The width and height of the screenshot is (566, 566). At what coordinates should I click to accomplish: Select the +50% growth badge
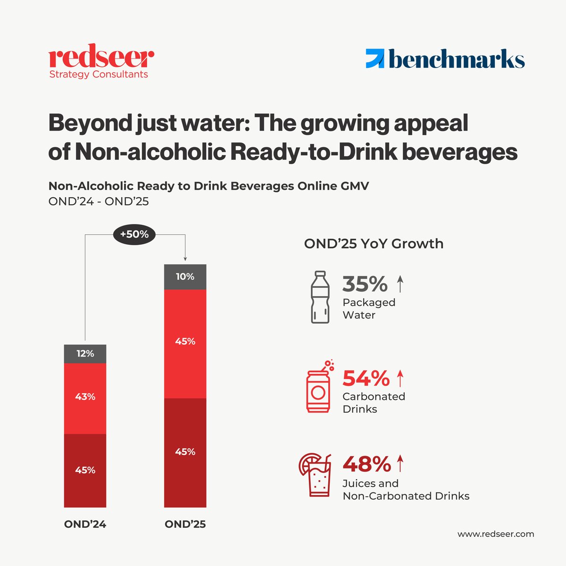point(134,234)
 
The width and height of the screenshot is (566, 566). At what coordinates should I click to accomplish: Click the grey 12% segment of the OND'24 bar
point(85,354)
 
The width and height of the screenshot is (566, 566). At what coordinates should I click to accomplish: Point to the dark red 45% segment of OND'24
point(85,470)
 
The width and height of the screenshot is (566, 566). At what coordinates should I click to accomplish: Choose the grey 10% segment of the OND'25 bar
point(185,277)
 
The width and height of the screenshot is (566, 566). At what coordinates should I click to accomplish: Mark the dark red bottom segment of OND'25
point(185,452)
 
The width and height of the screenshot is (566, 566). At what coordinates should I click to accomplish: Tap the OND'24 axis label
point(85,524)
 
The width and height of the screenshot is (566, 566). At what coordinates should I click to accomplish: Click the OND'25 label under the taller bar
point(185,524)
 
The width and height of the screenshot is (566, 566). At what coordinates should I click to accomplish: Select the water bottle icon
point(320,297)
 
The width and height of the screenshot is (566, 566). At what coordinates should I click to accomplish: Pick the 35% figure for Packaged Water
point(365,284)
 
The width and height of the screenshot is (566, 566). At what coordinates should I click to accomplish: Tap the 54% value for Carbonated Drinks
point(366,378)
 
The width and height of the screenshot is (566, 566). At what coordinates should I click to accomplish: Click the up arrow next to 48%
point(400,464)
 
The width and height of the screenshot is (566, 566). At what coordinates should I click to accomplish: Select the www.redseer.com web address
point(496,534)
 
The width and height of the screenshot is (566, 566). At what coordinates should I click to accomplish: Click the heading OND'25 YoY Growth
point(374,244)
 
